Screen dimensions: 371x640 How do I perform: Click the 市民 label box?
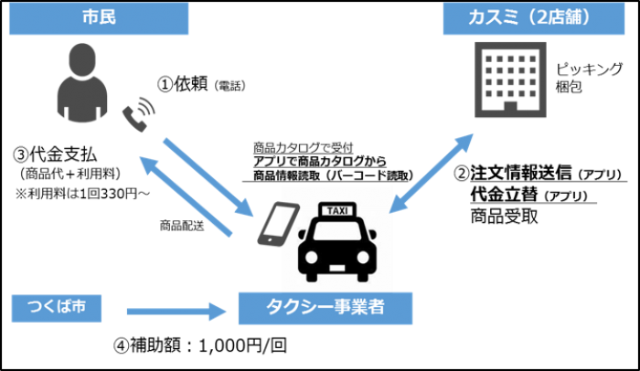99,18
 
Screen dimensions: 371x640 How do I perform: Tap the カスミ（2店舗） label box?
534,18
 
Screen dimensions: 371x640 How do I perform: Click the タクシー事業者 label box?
325,309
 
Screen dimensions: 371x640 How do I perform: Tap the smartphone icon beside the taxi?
278,224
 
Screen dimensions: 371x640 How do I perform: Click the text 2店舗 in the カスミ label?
572,18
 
